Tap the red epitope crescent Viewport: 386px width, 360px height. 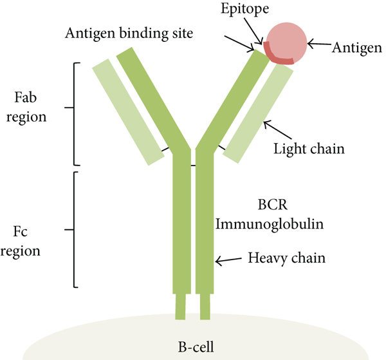click(x=279, y=56)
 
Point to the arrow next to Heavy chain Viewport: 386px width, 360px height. click(x=228, y=260)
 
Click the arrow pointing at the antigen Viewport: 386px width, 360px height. click(x=318, y=44)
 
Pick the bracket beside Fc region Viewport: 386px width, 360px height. click(x=75, y=229)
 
